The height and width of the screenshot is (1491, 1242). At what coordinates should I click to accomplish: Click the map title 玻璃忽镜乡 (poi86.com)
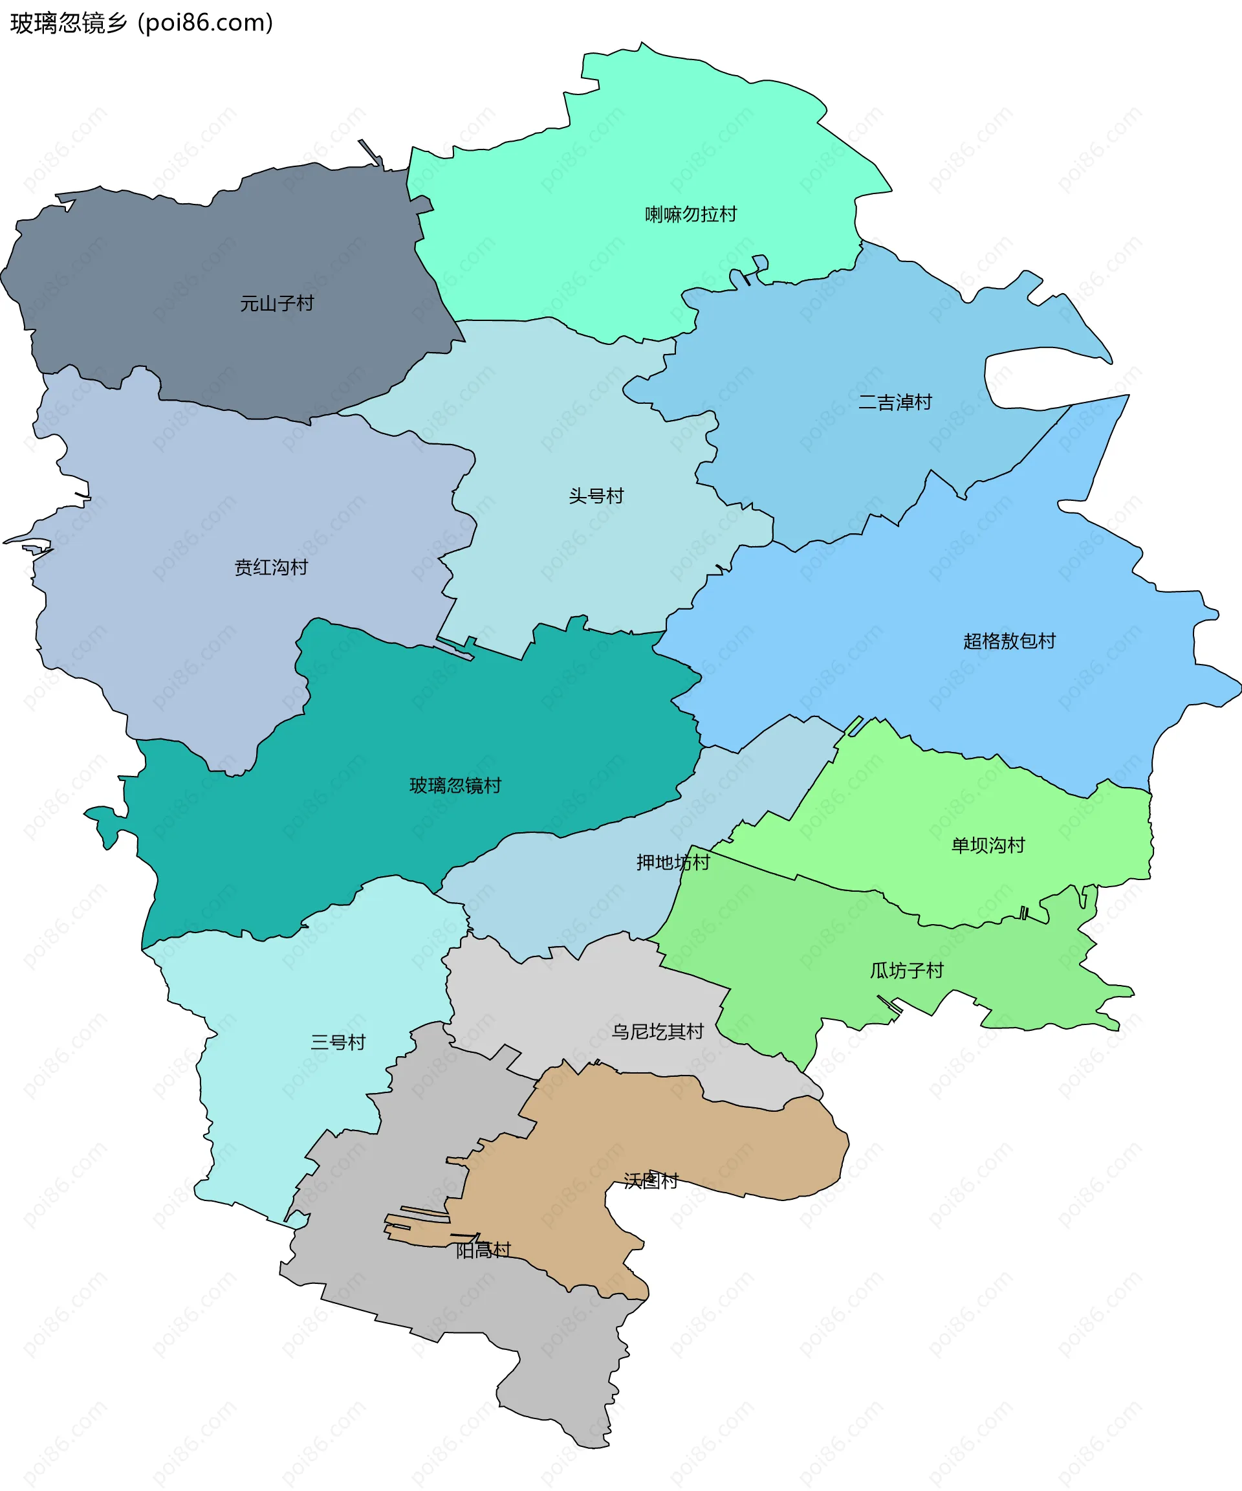click(x=141, y=23)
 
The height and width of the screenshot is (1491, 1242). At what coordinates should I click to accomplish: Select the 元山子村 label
click(x=277, y=304)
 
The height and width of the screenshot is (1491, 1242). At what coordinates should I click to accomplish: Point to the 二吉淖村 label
click(x=894, y=403)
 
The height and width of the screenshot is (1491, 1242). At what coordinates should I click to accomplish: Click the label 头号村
click(x=596, y=496)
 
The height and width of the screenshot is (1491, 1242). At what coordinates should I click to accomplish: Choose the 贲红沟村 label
click(x=271, y=568)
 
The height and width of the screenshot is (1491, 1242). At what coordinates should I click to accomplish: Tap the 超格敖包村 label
click(x=1008, y=641)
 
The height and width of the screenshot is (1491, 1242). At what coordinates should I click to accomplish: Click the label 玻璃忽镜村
click(x=455, y=785)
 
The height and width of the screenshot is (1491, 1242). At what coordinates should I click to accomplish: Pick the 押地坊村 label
click(x=672, y=863)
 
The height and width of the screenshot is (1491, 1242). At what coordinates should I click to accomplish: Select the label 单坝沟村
click(x=987, y=845)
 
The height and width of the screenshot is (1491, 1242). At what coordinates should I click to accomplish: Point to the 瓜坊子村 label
click(x=906, y=971)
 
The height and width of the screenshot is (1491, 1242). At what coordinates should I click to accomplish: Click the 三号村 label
click(x=338, y=1043)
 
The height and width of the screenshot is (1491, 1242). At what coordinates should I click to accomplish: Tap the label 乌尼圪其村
click(x=657, y=1032)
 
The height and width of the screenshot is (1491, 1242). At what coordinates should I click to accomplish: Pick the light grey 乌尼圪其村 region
click(x=568, y=1008)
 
